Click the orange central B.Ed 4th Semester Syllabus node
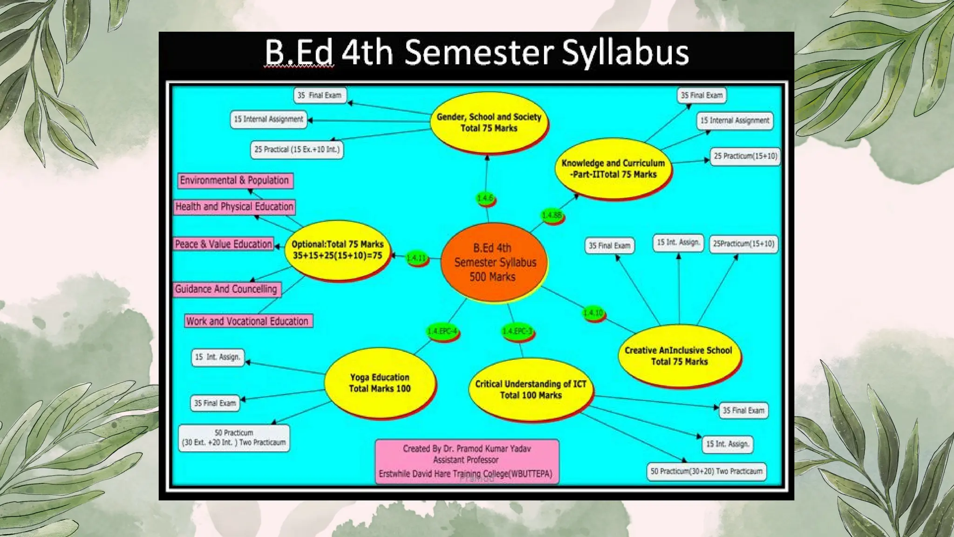(493, 262)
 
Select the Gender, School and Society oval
(489, 123)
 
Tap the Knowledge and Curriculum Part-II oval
(613, 169)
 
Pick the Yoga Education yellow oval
(380, 383)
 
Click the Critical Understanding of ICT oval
(531, 390)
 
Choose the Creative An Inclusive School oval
(679, 356)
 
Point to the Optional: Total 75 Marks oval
(337, 250)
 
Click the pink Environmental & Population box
(235, 180)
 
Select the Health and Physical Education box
(234, 207)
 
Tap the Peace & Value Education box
(224, 244)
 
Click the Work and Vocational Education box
(248, 321)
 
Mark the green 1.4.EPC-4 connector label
(442, 331)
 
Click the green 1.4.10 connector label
(593, 313)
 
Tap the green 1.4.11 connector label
(416, 258)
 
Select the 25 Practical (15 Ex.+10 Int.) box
(297, 150)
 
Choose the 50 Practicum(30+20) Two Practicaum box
(706, 471)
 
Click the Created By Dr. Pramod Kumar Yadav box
(466, 461)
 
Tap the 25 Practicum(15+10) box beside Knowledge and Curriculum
(745, 156)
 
